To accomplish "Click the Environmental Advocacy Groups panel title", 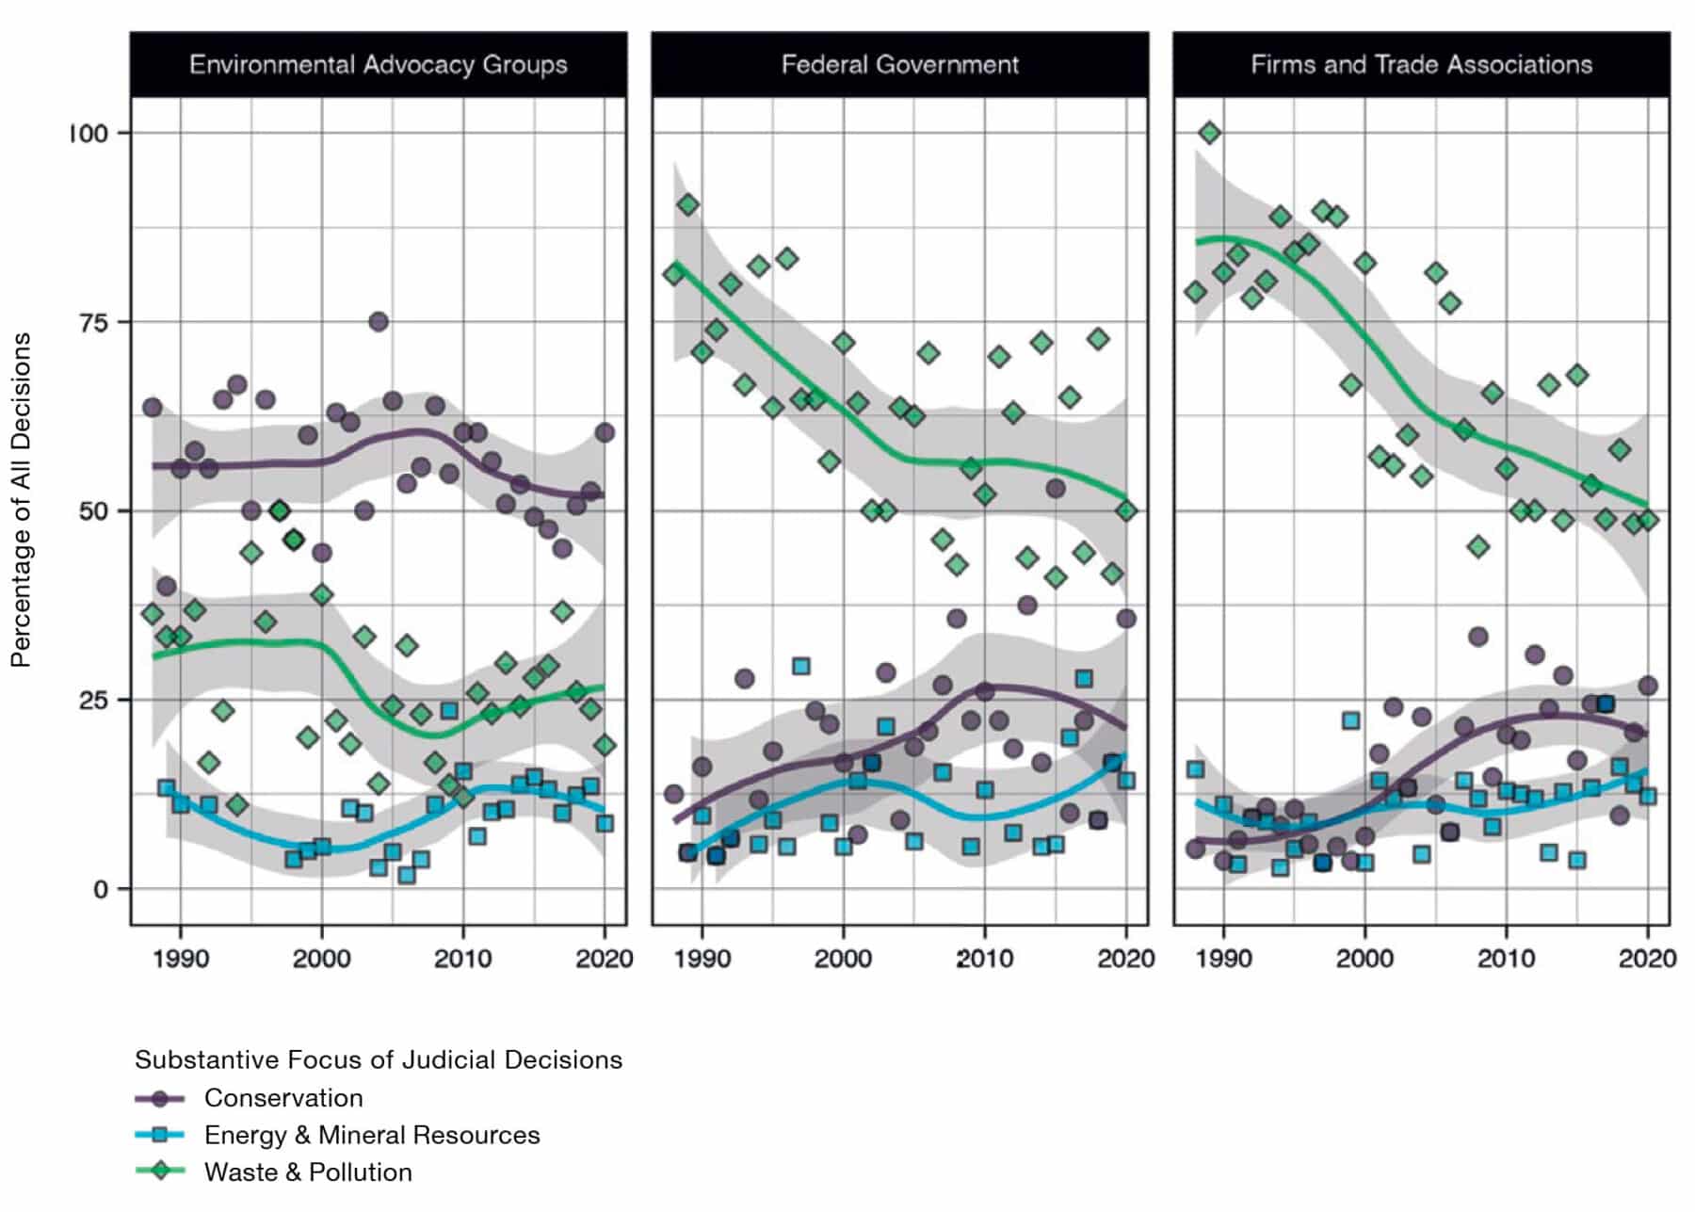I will (378, 65).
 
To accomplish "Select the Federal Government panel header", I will (899, 65).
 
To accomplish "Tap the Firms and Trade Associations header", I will (1421, 65).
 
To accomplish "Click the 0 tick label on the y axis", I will (101, 890).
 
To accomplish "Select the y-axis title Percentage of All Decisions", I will (21, 499).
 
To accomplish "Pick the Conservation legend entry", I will (283, 1098).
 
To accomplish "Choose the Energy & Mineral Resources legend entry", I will (372, 1135).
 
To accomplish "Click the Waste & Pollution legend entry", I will (308, 1172).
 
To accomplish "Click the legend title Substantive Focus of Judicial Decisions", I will (378, 1059).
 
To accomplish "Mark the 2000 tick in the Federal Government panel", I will (843, 959).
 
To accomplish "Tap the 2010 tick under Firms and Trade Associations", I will (1506, 959).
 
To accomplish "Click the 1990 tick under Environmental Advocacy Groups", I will (180, 959).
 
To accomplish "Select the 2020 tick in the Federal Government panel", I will (1125, 959).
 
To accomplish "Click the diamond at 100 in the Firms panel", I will (1210, 133).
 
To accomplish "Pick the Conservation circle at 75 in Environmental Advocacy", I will (379, 322).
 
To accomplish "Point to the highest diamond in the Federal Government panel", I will (688, 204).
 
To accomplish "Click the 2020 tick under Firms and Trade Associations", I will (1647, 959).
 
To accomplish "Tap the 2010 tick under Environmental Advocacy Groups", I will (462, 959).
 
